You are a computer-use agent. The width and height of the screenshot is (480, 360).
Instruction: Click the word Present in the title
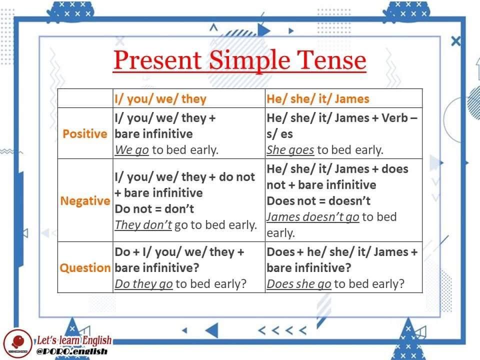tap(157, 59)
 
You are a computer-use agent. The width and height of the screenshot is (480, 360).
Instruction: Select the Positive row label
tap(85, 134)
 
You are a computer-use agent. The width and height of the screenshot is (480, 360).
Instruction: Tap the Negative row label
tap(85, 201)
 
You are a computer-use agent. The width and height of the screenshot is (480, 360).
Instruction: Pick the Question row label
tap(85, 268)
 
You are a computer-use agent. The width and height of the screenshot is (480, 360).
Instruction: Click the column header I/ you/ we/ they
tap(160, 99)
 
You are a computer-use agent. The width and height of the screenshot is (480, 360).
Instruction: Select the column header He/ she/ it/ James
tap(318, 99)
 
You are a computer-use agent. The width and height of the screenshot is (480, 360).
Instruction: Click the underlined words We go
tap(132, 150)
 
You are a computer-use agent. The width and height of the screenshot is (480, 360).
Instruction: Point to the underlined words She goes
tap(290, 150)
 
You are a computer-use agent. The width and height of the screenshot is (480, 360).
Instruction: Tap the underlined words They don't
tap(143, 225)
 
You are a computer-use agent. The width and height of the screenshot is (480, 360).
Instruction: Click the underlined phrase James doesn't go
tap(313, 217)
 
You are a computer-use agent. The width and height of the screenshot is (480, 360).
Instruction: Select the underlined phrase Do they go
tap(144, 284)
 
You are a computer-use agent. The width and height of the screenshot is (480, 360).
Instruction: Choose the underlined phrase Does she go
tap(299, 284)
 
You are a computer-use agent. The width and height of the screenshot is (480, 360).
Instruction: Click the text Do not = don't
tap(154, 209)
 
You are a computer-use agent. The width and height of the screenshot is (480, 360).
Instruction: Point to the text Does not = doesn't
tap(318, 201)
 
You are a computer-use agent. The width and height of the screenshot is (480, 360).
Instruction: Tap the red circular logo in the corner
tap(18, 343)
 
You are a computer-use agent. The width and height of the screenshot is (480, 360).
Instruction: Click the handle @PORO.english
tap(72, 351)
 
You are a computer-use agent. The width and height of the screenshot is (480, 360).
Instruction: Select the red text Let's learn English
tap(74, 340)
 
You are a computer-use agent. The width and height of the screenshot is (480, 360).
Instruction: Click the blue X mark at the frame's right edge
tap(456, 41)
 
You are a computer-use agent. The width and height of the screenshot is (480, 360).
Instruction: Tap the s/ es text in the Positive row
tap(280, 134)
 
